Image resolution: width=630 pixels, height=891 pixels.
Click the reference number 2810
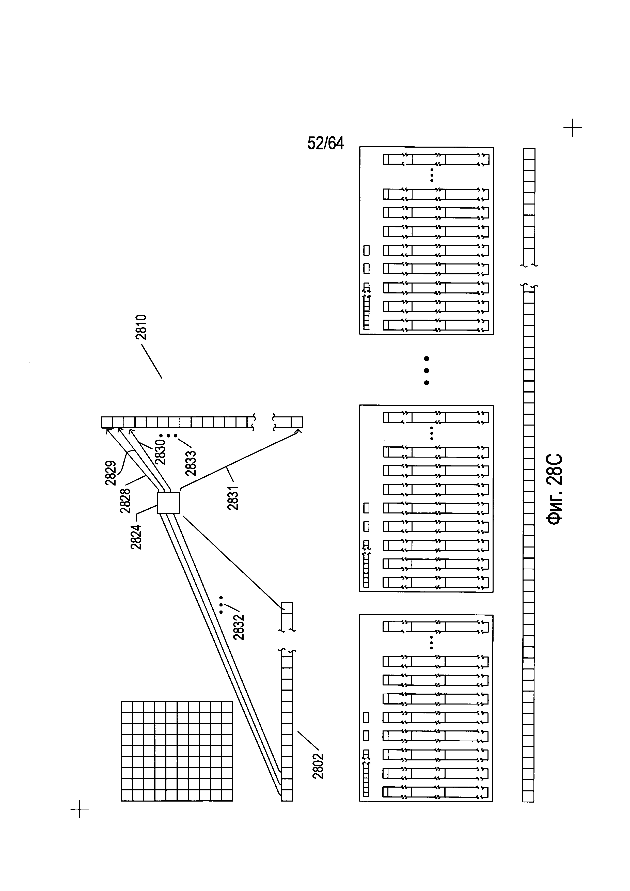pos(141,327)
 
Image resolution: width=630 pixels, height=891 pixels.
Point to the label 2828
pos(125,501)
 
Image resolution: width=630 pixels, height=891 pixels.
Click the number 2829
pos(111,473)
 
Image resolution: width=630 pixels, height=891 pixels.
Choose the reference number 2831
pos(233,497)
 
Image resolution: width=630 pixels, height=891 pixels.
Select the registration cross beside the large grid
pos(80,809)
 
